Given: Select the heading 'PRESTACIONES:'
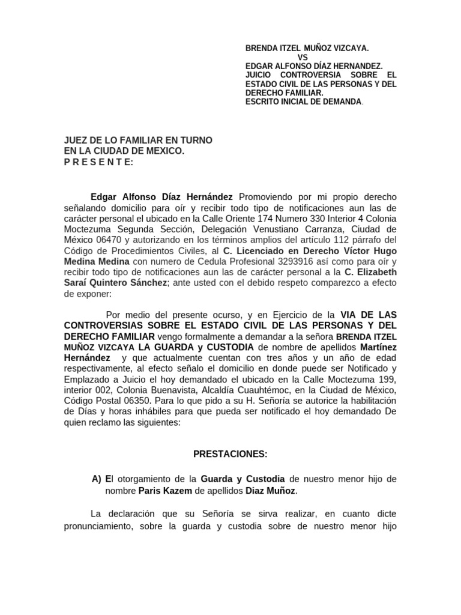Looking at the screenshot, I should pyautogui.click(x=230, y=454).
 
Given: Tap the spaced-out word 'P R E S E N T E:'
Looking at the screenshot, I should pyautogui.click(x=99, y=162).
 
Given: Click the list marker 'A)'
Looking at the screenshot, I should pyautogui.click(x=97, y=479).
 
